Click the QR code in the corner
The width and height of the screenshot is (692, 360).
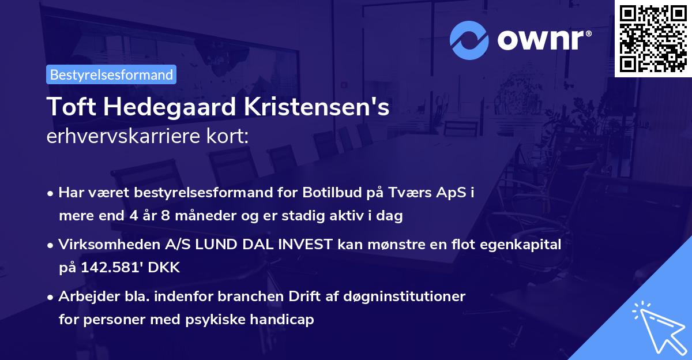pos(653,38)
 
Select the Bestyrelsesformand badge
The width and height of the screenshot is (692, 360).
pos(111,74)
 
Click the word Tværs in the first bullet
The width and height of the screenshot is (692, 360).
pos(409,193)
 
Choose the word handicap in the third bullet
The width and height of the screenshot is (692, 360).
pos(285,320)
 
